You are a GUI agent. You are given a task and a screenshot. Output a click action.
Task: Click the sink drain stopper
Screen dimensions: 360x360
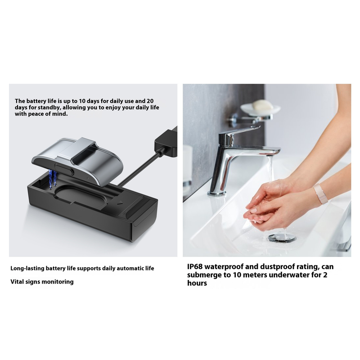pos(282,238)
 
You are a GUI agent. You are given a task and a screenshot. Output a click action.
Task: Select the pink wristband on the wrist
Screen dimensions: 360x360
pos(320,194)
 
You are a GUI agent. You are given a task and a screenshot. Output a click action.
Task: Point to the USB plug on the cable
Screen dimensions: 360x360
pos(166,142)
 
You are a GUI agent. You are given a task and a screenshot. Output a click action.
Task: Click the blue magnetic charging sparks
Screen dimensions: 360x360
pos(53,179)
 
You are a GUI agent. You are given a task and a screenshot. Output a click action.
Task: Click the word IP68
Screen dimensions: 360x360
pos(195,267)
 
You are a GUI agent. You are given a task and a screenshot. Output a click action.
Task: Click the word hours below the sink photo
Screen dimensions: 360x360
pos(197,283)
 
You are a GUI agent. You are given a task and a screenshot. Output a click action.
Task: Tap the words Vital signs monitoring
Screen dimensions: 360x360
pos(42,282)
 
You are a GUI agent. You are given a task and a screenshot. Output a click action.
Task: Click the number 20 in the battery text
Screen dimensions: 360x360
pos(150,101)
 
